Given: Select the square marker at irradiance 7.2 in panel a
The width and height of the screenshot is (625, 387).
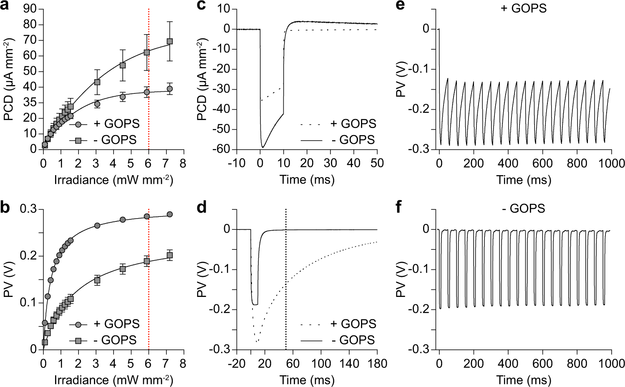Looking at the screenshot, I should coord(169,41).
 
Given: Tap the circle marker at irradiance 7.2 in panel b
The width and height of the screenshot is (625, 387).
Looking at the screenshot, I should coord(169,214).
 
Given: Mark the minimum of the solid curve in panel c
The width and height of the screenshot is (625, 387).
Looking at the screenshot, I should coord(262,147).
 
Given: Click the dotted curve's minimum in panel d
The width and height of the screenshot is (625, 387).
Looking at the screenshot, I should coord(257,342).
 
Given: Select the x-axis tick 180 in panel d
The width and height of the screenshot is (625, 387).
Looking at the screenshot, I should coord(377,364).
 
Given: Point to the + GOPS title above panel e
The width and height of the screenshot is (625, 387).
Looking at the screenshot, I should coord(523,8).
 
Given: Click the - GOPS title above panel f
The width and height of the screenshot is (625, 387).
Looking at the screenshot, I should coord(523,208).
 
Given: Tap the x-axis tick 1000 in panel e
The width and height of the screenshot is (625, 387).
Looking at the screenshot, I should coord(611,163).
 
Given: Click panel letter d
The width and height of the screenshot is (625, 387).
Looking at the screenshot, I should coord(202,207).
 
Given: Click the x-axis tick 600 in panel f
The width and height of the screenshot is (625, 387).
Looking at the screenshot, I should coord(542,364).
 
